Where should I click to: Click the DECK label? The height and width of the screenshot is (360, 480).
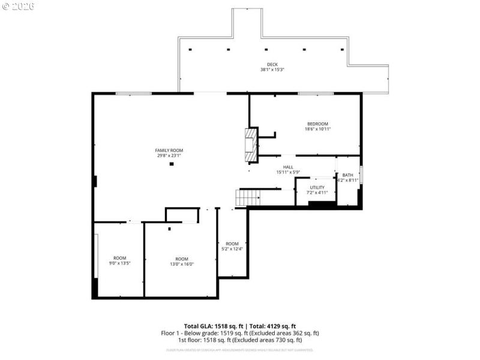(x=272, y=64)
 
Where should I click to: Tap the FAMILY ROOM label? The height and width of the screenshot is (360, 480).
(x=169, y=150)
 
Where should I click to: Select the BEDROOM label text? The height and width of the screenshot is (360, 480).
(x=317, y=124)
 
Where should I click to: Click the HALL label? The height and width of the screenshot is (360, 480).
(x=288, y=167)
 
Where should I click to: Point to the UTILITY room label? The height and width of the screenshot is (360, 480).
(x=317, y=187)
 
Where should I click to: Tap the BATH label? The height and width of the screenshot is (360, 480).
(x=348, y=175)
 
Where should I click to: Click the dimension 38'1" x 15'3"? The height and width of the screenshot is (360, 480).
(x=272, y=70)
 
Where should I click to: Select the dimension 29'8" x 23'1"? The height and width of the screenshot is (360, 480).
(x=169, y=156)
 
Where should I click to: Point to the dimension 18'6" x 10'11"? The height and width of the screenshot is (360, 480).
(x=318, y=129)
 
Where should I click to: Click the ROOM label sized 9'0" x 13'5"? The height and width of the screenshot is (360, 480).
(x=119, y=258)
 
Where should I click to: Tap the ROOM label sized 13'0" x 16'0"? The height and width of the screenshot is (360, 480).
(x=181, y=259)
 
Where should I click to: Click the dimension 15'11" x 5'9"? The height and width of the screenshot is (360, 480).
(x=288, y=172)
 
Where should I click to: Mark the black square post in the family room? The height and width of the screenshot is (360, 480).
(x=172, y=164)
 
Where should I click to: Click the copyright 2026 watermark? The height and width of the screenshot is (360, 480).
(x=19, y=6)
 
